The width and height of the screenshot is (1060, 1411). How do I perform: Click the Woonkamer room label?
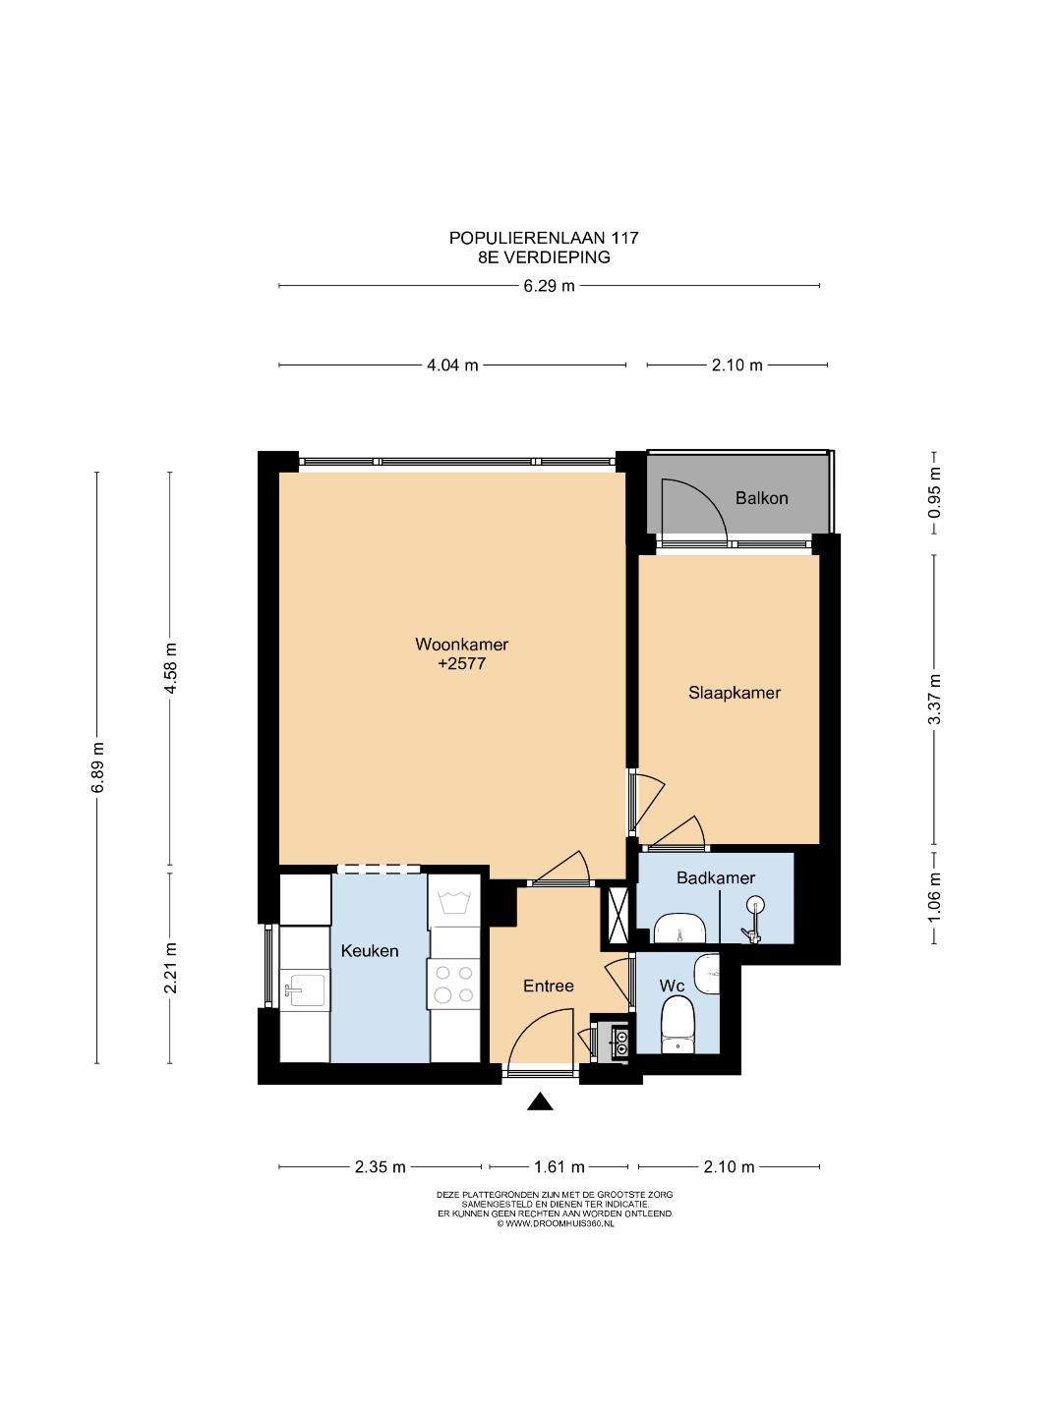click(461, 644)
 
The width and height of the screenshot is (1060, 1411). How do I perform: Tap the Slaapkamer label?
click(734, 693)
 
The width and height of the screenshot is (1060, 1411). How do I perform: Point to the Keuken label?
click(369, 951)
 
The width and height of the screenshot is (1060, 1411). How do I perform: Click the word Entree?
click(548, 986)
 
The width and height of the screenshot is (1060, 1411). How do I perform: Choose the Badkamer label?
click(715, 878)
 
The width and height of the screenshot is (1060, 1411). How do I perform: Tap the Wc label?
click(672, 986)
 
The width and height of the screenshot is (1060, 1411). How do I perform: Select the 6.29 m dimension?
click(549, 286)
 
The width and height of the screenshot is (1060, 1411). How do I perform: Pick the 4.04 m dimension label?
click(452, 366)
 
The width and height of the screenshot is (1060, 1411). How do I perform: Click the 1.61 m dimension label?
click(559, 1166)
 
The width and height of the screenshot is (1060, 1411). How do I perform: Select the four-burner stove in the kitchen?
click(454, 985)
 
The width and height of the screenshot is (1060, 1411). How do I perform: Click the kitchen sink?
click(304, 990)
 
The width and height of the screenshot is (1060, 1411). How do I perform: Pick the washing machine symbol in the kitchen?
click(454, 899)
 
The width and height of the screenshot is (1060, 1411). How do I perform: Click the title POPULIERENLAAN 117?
click(544, 238)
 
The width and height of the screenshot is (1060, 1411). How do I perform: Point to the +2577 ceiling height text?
click(461, 663)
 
